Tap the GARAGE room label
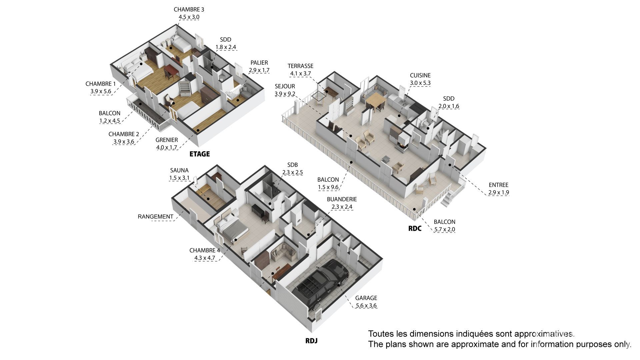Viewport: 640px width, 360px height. coord(366,298)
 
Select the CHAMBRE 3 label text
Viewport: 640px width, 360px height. coord(189,10)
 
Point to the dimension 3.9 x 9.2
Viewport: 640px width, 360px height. coord(285,94)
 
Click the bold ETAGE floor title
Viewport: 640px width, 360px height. coord(200,154)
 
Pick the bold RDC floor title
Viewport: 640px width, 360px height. coord(415,229)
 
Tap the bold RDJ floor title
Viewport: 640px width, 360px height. coord(311,341)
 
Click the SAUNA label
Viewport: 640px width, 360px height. coord(179,170)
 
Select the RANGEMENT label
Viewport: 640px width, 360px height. coord(156,217)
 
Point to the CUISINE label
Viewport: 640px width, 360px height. coord(420,76)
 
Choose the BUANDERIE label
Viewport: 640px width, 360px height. coord(342,199)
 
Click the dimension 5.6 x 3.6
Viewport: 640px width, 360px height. coord(366,306)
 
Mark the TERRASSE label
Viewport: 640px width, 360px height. coord(301,66)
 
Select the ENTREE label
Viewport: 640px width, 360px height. coord(499,185)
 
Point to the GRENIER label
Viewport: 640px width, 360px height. coord(167,140)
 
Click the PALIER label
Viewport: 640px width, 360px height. coord(259,63)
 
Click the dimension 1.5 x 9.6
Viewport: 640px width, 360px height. coord(328,187)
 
